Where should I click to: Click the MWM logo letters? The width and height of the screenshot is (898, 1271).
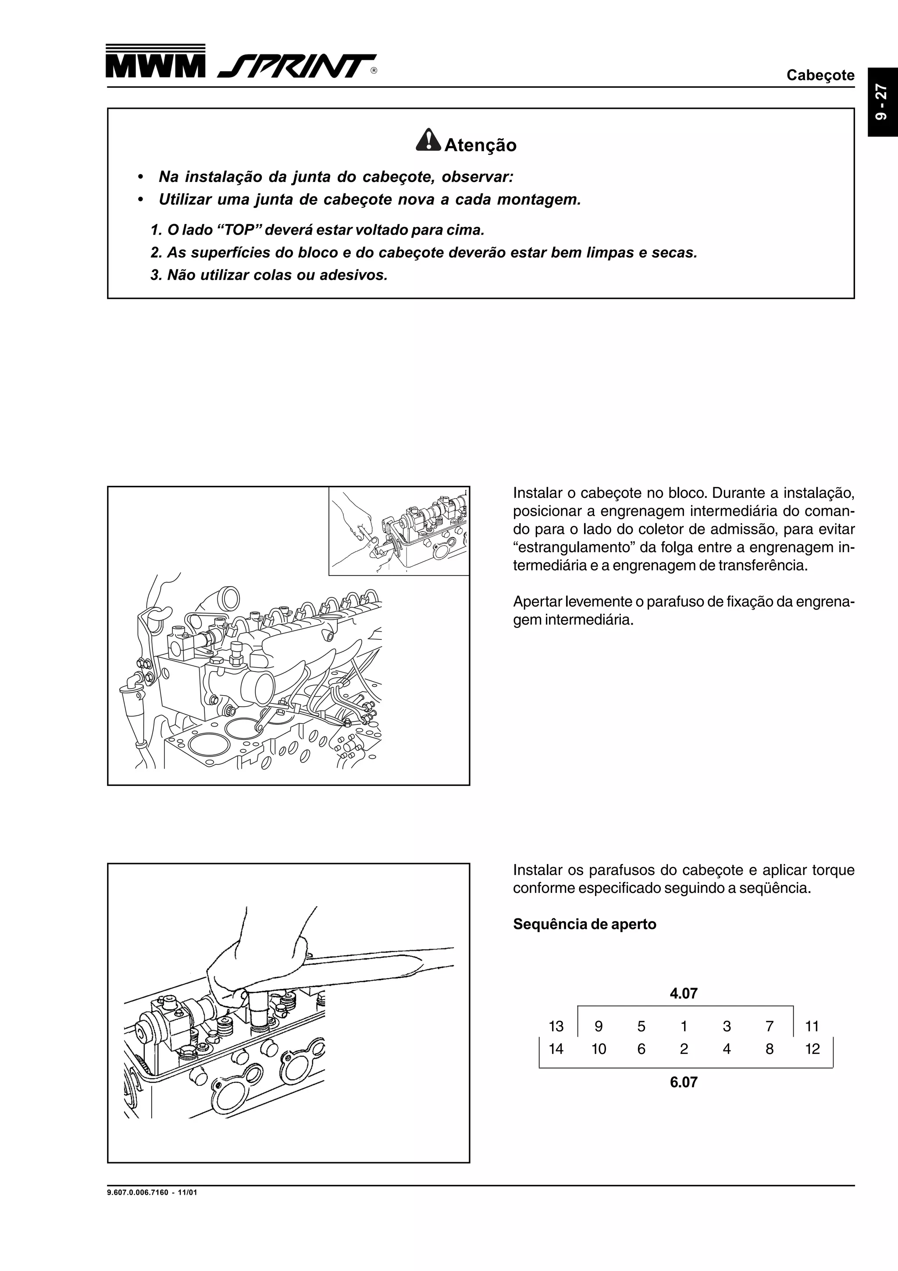tap(155, 66)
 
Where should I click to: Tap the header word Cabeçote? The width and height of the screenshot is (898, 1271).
tap(820, 75)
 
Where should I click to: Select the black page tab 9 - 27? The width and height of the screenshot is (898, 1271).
tap(882, 103)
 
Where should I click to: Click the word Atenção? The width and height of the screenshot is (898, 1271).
tap(480, 146)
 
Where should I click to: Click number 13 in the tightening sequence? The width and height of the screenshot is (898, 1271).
tap(556, 1026)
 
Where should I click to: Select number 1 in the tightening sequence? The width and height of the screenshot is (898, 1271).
tap(684, 1026)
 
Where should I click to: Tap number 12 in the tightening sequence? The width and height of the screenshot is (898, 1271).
tap(812, 1049)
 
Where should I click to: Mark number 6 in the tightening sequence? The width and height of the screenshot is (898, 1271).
tap(641, 1049)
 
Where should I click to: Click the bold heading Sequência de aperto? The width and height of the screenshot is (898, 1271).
tap(584, 925)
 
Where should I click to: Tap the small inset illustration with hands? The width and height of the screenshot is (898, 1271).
tap(399, 532)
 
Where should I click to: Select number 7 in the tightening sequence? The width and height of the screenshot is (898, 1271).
tap(769, 1026)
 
